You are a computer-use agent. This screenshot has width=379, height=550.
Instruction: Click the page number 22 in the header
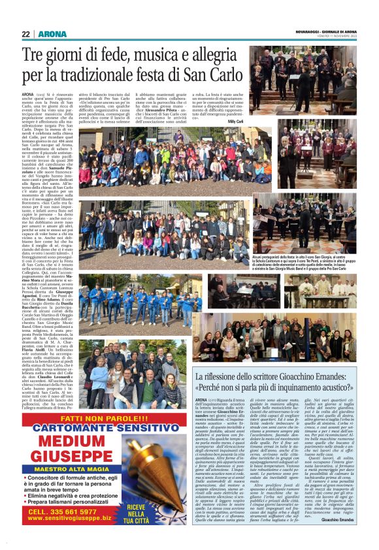pyautogui.click(x=25, y=34)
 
